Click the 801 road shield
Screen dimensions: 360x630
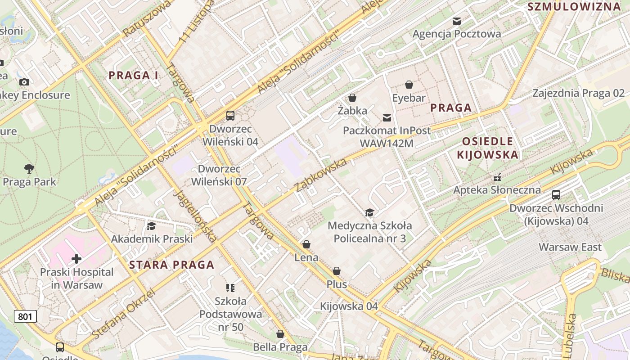(x=25, y=316)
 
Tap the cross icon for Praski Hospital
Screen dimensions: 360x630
(x=76, y=259)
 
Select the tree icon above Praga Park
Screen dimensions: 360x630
(x=29, y=169)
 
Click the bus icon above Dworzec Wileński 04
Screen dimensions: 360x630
(x=230, y=116)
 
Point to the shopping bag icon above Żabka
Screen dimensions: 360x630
(x=352, y=98)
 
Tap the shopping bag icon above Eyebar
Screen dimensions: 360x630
(x=409, y=85)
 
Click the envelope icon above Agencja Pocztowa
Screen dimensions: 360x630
(x=457, y=21)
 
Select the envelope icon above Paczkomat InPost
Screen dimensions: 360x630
(x=387, y=118)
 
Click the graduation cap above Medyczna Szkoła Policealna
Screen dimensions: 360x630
(x=369, y=212)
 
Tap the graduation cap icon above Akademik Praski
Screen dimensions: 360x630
(x=152, y=226)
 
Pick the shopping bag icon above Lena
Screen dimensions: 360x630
(x=306, y=244)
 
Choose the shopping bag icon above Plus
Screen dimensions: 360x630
(x=337, y=271)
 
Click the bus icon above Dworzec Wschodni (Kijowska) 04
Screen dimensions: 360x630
(x=556, y=195)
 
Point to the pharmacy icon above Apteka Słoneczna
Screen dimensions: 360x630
(x=497, y=177)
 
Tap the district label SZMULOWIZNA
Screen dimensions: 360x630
(x=574, y=6)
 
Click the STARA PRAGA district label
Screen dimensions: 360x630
(x=172, y=265)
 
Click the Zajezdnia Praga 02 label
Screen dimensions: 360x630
(x=579, y=93)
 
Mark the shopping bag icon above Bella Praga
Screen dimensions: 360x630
(x=280, y=334)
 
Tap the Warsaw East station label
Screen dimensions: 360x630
(x=570, y=247)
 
